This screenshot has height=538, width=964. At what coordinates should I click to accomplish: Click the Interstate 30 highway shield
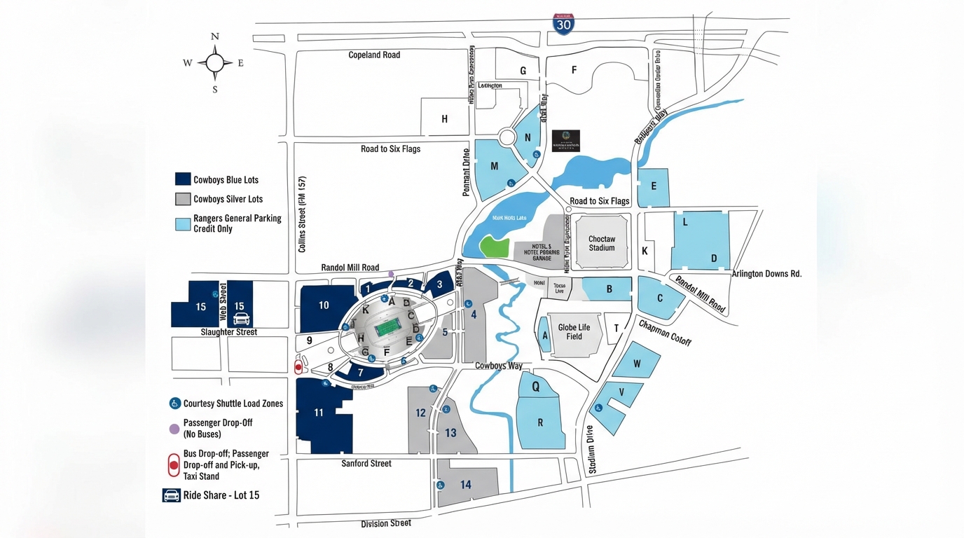pyautogui.click(x=563, y=24)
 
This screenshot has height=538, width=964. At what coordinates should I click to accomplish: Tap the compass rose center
pyautogui.click(x=215, y=63)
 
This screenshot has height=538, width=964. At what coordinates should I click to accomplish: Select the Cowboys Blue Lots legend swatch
pyautogui.click(x=183, y=179)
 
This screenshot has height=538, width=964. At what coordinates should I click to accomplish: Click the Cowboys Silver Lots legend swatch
pyautogui.click(x=183, y=199)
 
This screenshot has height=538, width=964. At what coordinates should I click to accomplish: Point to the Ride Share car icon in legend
pyautogui.click(x=172, y=495)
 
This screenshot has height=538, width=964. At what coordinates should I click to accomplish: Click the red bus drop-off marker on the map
pyautogui.click(x=298, y=367)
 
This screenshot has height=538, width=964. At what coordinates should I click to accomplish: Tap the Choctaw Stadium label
pyautogui.click(x=601, y=243)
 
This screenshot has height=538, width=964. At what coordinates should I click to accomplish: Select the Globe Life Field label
pyautogui.click(x=574, y=332)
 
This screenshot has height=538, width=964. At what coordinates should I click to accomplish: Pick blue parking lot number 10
pyautogui.click(x=324, y=305)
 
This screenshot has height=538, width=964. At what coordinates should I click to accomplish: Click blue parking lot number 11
pyautogui.click(x=319, y=413)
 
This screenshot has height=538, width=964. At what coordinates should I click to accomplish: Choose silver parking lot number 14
pyautogui.click(x=466, y=485)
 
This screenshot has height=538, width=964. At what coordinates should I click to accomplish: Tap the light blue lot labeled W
pyautogui.click(x=637, y=364)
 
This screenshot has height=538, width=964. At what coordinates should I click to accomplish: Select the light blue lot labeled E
pyautogui.click(x=654, y=186)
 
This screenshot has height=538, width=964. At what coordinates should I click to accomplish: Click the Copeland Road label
pyautogui.click(x=374, y=55)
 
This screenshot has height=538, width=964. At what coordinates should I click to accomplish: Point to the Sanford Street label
pyautogui.click(x=366, y=463)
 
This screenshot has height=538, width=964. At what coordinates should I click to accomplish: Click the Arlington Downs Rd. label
pyautogui.click(x=766, y=274)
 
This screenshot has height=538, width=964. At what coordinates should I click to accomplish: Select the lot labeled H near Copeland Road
pyautogui.click(x=444, y=119)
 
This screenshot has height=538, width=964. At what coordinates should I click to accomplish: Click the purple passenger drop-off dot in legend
pyautogui.click(x=174, y=429)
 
